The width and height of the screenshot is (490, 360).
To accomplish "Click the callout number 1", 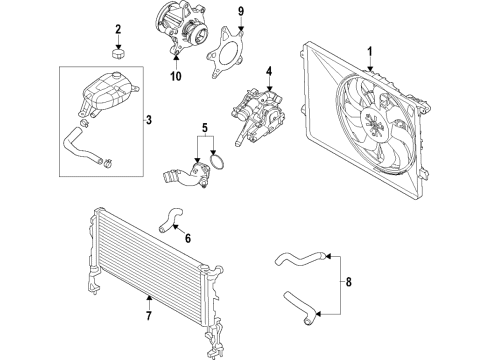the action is [369, 52].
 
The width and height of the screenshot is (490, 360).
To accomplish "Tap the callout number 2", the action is [118, 29].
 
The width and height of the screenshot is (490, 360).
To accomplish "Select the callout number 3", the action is [149, 120].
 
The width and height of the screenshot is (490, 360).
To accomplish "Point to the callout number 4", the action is [269, 71].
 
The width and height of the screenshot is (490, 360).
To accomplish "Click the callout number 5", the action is [205, 127].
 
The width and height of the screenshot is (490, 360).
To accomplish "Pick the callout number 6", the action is [188, 238].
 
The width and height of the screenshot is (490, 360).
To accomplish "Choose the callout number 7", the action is [149, 315].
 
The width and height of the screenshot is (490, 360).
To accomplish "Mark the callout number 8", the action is [349, 282].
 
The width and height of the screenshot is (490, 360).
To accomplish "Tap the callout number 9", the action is [241, 12].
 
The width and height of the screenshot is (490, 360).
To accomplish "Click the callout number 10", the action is [176, 76].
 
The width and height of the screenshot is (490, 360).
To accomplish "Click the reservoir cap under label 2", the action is [118, 54].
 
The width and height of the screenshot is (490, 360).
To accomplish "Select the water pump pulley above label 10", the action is [199, 35].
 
